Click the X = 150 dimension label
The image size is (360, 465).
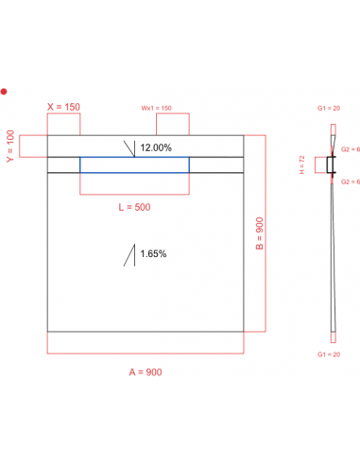[x=63, y=107]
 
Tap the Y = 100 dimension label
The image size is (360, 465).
[x=11, y=146]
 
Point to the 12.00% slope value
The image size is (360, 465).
[x=156, y=147]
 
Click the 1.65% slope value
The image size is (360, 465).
[x=153, y=253]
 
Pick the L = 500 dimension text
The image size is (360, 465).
[x=133, y=206]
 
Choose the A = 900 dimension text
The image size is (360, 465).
[x=146, y=371]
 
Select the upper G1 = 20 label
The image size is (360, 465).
[x=331, y=110]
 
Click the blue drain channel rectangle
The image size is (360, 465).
[x=134, y=165]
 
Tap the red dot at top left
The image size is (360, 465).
[x=4, y=92]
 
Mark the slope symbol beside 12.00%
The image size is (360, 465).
[x=129, y=146]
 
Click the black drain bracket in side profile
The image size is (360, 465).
[x=330, y=165]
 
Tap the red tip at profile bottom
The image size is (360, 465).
[x=331, y=336]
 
